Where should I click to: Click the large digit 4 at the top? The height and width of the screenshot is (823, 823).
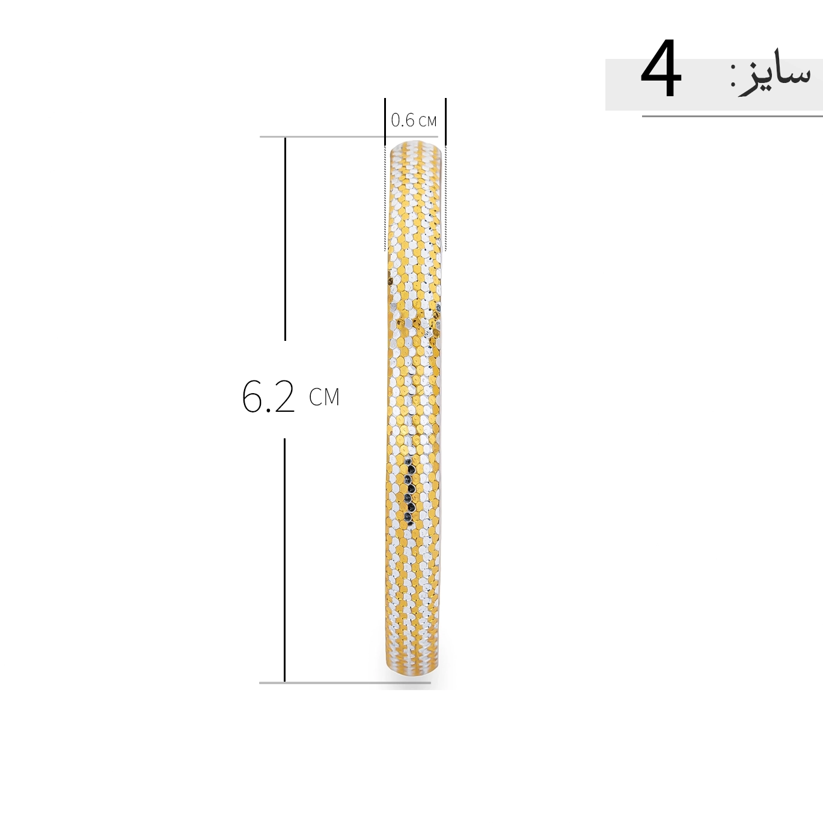pos(661,68)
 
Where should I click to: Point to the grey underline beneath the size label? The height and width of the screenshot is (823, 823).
pos(732,116)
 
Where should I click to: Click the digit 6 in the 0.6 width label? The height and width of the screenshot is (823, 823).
pos(409,120)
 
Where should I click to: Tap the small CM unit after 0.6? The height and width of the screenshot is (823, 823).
pos(427,121)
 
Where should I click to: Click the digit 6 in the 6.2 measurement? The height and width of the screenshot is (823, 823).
pos(253,397)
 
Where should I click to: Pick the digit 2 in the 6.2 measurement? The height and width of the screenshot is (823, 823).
pos(283,396)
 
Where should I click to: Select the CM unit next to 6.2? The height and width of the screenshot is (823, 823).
pos(324,397)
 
